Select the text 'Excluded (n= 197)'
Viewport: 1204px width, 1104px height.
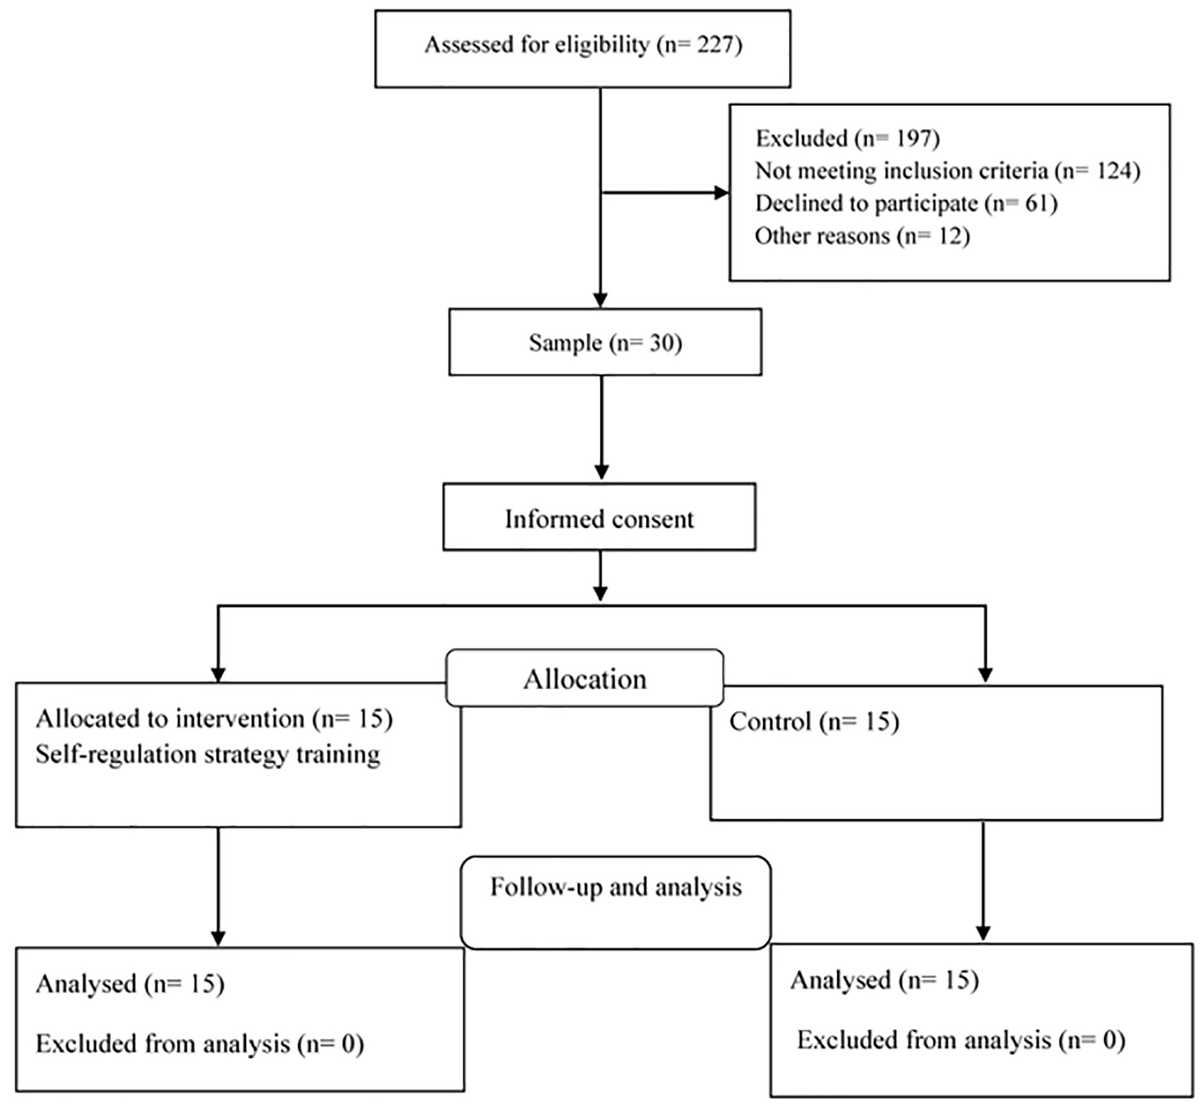(848, 138)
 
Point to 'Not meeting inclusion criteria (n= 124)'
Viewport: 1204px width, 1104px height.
(948, 171)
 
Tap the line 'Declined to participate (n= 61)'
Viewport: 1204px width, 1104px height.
(907, 203)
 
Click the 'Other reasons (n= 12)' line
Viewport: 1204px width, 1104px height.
(862, 236)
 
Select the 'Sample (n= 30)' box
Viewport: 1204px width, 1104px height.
(606, 342)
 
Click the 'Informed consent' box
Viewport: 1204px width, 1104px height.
(599, 517)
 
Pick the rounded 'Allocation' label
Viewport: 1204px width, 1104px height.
(585, 678)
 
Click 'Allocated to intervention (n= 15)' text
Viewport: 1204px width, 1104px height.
(214, 719)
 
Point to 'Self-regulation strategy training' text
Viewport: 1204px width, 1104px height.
(208, 754)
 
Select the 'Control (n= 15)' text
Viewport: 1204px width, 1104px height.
(814, 722)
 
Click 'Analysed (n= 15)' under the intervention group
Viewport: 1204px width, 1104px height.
(130, 984)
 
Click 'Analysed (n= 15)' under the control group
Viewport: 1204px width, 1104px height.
(885, 980)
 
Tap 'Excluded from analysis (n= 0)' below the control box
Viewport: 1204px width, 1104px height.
(961, 1040)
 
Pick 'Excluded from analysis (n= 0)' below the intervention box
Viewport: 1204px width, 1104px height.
(200, 1044)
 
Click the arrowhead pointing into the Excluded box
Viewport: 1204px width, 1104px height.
(722, 193)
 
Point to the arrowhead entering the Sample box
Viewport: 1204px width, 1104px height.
(601, 300)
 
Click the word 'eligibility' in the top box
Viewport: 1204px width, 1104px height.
(601, 45)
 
